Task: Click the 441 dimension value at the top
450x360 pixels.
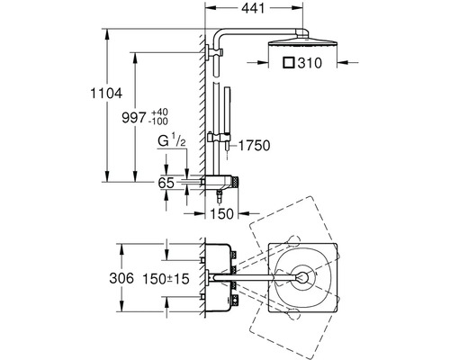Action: (253, 8)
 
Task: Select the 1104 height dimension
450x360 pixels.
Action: (106, 94)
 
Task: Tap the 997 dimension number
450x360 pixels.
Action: (133, 118)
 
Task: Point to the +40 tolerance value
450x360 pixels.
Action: (159, 112)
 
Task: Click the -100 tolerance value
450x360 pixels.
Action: (158, 121)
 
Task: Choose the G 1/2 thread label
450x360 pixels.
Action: (172, 141)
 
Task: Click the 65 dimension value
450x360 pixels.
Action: (166, 183)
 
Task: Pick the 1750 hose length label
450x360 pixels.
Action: (255, 146)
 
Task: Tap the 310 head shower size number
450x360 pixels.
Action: (310, 63)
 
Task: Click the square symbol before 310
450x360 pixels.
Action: (289, 63)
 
